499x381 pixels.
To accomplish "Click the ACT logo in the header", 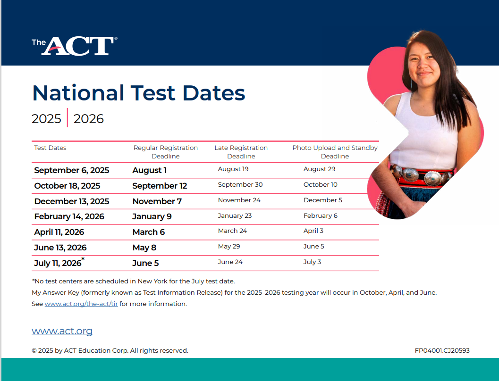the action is [75, 46].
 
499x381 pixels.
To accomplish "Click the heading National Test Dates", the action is [139, 93].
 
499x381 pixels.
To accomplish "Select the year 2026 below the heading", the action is [88, 119].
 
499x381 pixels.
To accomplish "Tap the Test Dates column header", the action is [51, 148].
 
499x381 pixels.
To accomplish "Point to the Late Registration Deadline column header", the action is [241, 152].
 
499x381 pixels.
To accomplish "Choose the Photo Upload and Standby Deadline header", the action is [335, 152].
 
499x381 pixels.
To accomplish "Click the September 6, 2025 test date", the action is [72, 170].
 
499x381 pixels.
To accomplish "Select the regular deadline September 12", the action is [160, 186].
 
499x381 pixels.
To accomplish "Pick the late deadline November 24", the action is [239, 200].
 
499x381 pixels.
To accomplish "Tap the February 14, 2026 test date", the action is [69, 217].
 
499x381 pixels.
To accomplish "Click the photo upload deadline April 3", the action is [313, 231].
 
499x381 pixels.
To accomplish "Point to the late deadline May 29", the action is [229, 247].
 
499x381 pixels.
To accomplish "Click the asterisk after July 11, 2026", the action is [83, 259].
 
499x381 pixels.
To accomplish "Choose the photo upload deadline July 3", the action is [312, 262].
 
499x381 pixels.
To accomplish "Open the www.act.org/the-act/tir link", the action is [81, 304].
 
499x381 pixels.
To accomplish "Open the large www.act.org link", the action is [62, 331].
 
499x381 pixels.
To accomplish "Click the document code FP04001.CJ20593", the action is [442, 350].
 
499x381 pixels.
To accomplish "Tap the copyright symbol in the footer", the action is [34, 351].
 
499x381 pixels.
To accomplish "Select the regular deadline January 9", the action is [152, 217].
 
